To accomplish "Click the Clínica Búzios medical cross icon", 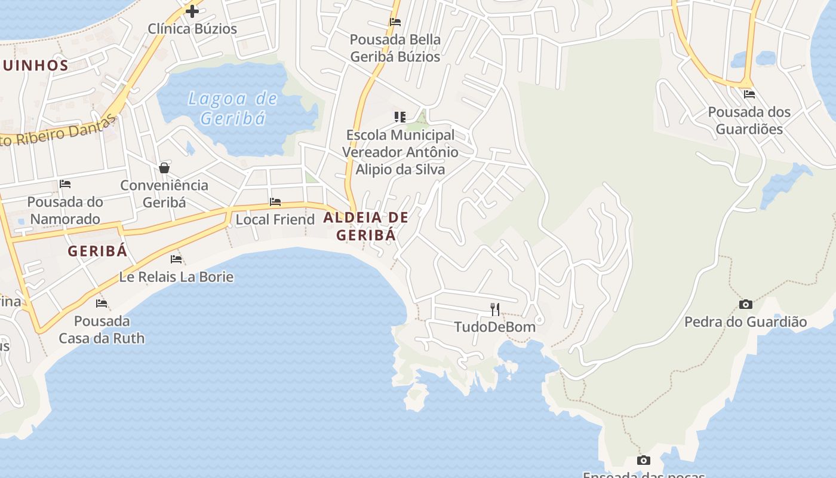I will [x=192, y=11].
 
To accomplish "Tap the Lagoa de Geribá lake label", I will [x=233, y=108].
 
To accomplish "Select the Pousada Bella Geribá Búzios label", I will [x=395, y=48].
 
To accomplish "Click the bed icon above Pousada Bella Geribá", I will [x=395, y=22].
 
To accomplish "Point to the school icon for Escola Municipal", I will [x=400, y=117].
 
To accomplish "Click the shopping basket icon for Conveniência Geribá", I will [x=164, y=168].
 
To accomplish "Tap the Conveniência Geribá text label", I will [x=164, y=194].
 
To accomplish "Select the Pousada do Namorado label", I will [x=65, y=210].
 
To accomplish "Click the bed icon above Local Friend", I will [x=275, y=202].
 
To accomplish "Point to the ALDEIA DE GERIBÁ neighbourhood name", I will [x=366, y=226].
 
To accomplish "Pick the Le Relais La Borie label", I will [x=176, y=277].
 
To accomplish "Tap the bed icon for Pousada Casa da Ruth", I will [x=102, y=304].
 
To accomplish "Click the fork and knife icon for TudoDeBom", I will [x=495, y=309].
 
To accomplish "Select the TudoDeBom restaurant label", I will [x=495, y=327].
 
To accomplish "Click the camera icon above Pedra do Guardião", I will [x=745, y=305].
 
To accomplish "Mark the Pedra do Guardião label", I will [x=745, y=322].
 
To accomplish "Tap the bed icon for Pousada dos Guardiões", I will [x=749, y=94].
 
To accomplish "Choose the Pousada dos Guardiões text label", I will [x=749, y=120].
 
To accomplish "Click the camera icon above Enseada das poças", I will [x=643, y=460].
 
